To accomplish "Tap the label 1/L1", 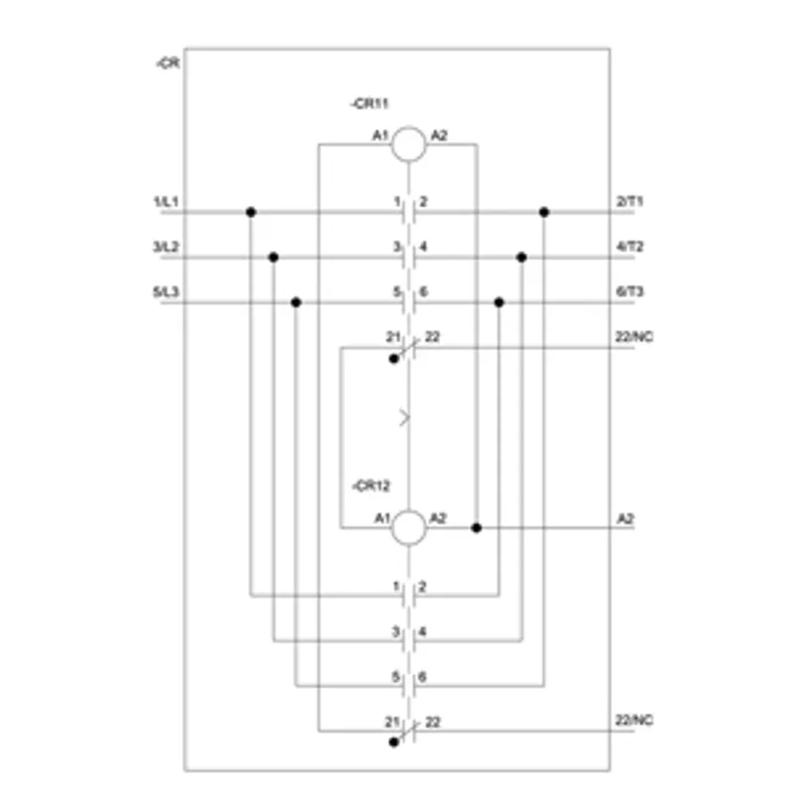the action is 166,202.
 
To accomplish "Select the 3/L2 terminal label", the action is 166,247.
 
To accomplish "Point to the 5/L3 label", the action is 166,291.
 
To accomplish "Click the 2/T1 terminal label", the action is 629,201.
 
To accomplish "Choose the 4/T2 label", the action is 629,246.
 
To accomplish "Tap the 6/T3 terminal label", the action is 629,291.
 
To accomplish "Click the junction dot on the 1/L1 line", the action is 251,212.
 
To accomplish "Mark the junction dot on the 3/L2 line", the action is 274,258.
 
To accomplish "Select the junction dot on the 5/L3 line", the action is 295,302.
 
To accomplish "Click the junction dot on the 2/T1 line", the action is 544,212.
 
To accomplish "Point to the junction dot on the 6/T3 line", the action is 500,302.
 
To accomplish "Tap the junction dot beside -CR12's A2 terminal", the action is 477,527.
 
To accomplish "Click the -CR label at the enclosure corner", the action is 168,62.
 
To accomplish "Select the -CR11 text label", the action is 369,104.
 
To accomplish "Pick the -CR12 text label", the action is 371,486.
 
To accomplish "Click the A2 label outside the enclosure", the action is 625,518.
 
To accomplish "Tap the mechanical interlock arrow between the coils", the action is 404,418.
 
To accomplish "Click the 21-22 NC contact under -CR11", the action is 408,348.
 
